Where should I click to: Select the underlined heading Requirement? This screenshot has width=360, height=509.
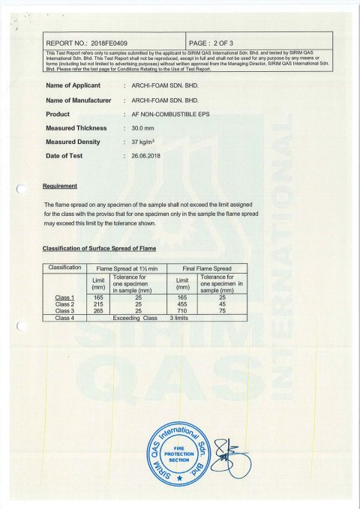(x=61, y=184)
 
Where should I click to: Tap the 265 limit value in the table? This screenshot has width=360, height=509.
(x=97, y=311)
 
